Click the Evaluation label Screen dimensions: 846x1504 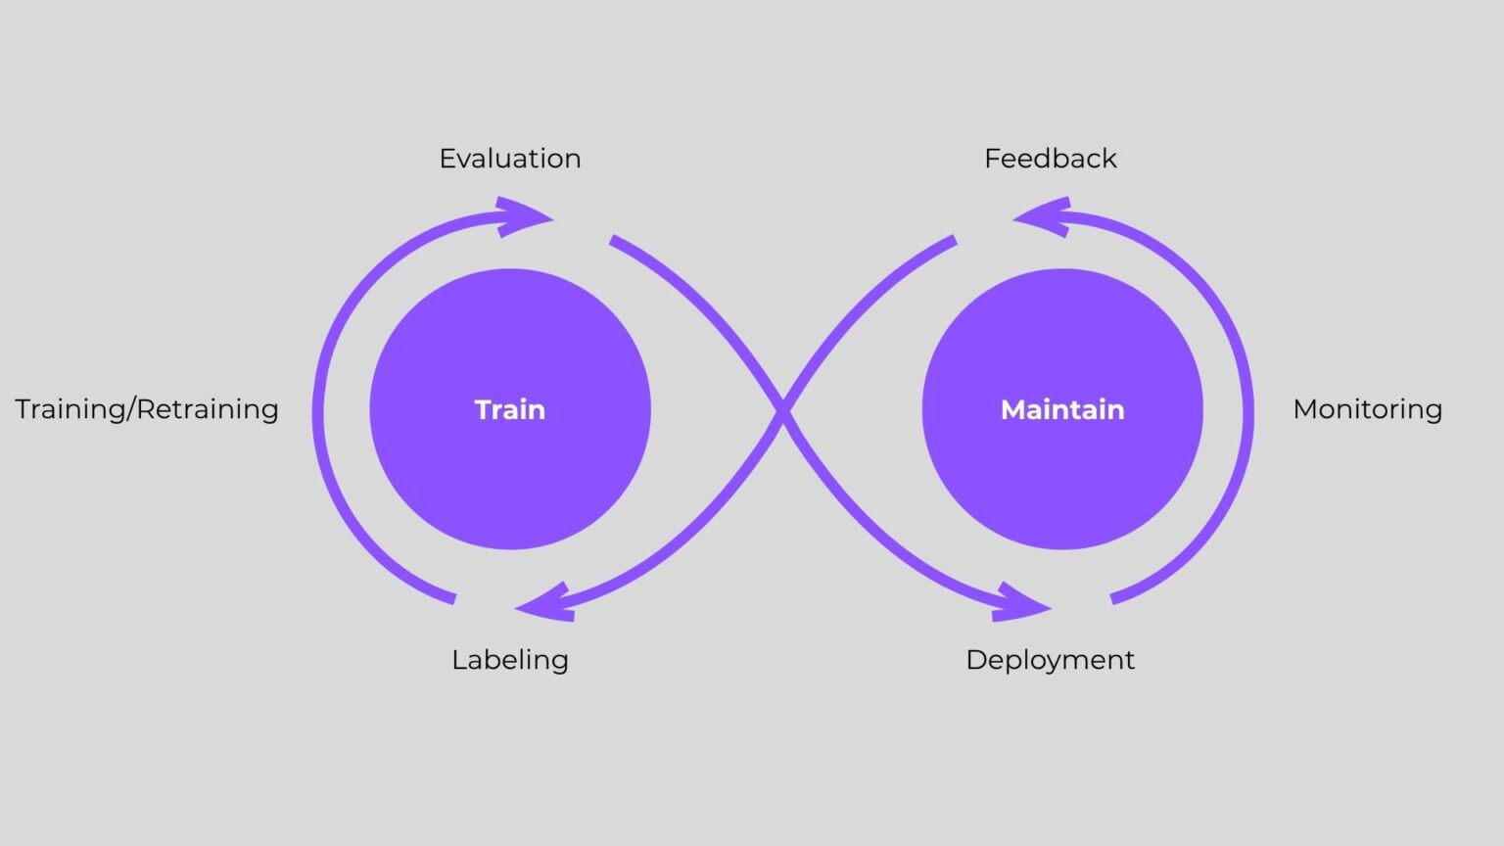[x=509, y=159]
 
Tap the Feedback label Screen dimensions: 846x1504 [x=1050, y=159]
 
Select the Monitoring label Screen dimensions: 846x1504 [x=1367, y=409]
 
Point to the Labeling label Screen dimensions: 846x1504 [x=509, y=660]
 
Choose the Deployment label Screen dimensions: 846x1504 [x=1050, y=660]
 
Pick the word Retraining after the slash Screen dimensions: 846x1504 [x=209, y=409]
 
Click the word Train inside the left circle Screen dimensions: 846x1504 [x=509, y=409]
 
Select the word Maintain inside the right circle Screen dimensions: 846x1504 [x=1062, y=409]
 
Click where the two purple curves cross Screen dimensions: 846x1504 [x=783, y=411]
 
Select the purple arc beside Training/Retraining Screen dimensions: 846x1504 [x=319, y=411]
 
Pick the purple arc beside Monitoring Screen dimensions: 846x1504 [x=1247, y=411]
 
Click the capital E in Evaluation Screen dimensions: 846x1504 [x=446, y=159]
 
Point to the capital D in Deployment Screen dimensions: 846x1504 [x=975, y=660]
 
